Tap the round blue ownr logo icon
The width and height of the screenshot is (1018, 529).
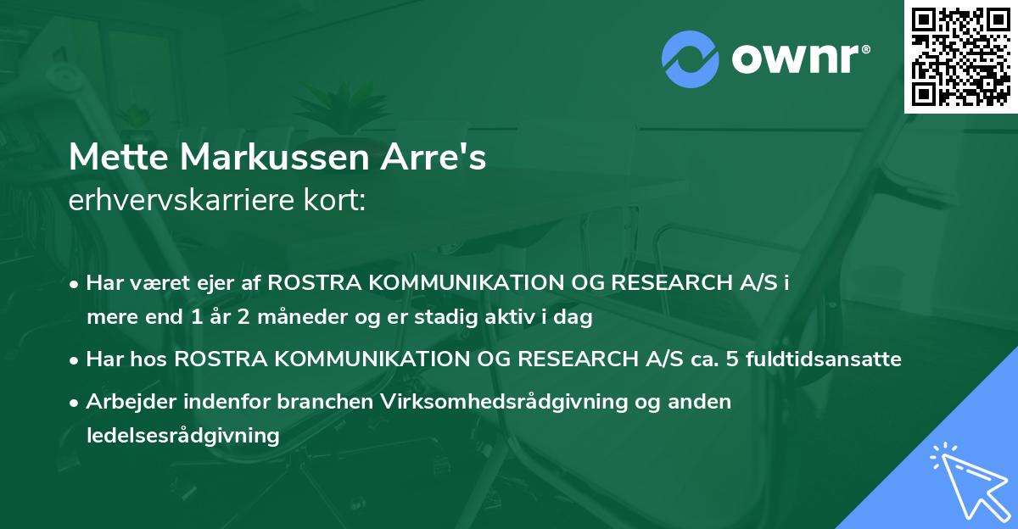point(690,59)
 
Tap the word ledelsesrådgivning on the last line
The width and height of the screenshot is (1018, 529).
point(182,436)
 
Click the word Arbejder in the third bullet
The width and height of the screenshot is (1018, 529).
point(123,401)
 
